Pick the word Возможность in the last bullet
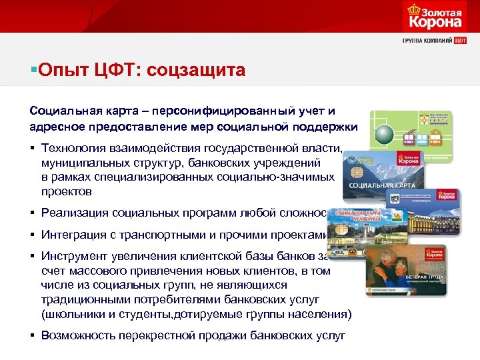click(x=77, y=335)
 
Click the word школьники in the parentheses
click(x=68, y=314)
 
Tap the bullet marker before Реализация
click(x=32, y=213)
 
